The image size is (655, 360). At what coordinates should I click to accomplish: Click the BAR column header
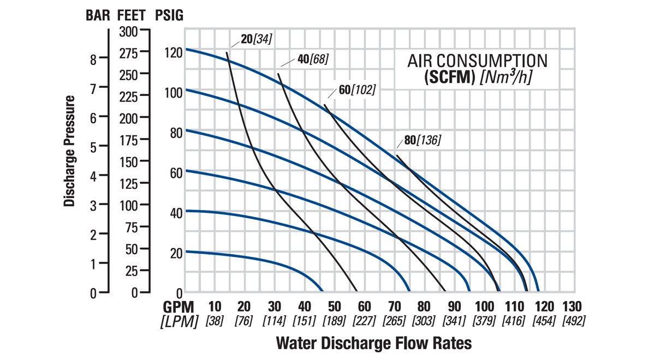click(x=98, y=15)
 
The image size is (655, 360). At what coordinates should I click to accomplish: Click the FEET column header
click(x=132, y=15)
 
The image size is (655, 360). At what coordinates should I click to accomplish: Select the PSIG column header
click(x=169, y=15)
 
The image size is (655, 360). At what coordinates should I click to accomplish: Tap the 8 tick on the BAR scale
click(x=93, y=59)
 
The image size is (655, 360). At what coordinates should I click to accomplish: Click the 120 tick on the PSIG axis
click(x=174, y=53)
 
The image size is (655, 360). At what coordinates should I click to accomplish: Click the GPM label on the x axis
click(x=179, y=307)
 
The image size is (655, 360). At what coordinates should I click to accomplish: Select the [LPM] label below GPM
click(x=179, y=321)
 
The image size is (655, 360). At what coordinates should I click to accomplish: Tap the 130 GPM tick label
click(x=571, y=307)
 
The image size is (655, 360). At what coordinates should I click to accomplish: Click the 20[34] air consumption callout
click(x=256, y=39)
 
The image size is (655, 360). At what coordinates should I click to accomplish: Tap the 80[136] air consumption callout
click(x=422, y=140)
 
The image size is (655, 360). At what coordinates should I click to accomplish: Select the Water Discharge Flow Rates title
click(x=374, y=344)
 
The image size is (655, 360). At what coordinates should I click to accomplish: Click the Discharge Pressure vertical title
click(x=69, y=151)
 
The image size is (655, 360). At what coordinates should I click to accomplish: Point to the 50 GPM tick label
click(x=334, y=307)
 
